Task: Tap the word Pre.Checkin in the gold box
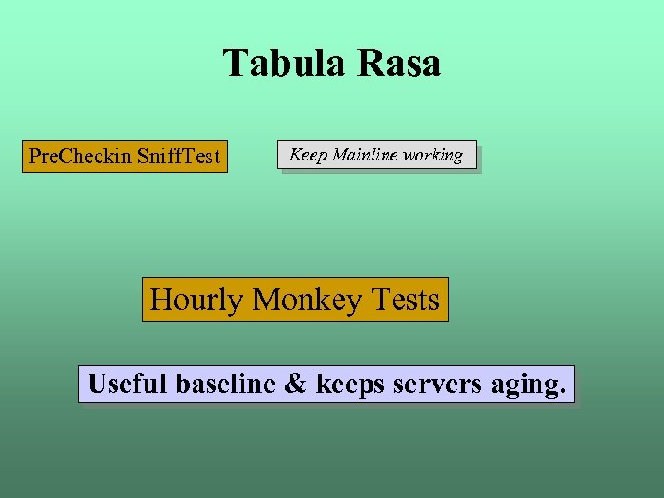click(80, 156)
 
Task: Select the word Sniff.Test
click(179, 156)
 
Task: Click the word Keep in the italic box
click(308, 155)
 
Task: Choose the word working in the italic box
click(433, 155)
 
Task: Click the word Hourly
click(196, 300)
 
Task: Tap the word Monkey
click(307, 300)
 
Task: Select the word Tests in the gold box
click(405, 300)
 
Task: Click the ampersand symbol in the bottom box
click(295, 383)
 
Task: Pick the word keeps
click(351, 384)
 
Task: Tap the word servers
click(437, 384)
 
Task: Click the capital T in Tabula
click(234, 64)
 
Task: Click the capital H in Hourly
click(160, 300)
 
